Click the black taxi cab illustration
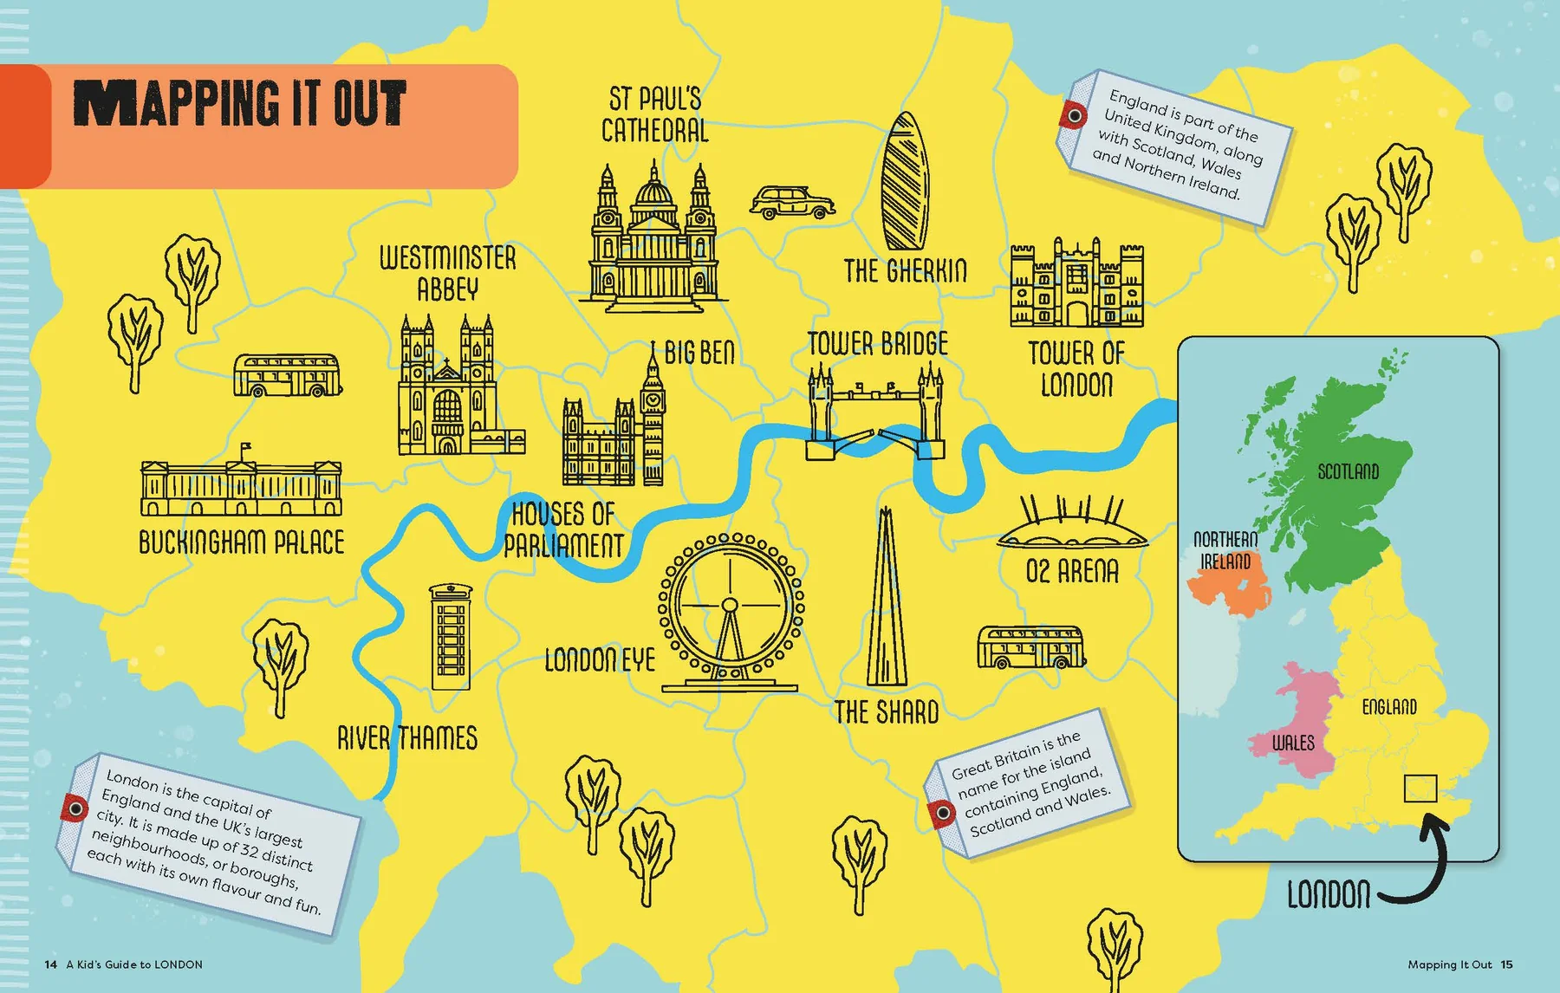(x=791, y=202)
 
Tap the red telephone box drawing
(x=451, y=637)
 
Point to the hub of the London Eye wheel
(x=730, y=605)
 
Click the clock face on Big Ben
(x=653, y=399)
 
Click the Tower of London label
(x=1076, y=369)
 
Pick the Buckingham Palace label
(x=242, y=543)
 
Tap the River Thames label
(x=407, y=738)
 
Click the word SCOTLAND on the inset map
(x=1348, y=471)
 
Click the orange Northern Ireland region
(x=1229, y=589)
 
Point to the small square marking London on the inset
(x=1420, y=789)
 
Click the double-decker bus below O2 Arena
(x=1030, y=647)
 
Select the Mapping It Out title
(x=239, y=104)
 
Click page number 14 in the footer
(x=51, y=964)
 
